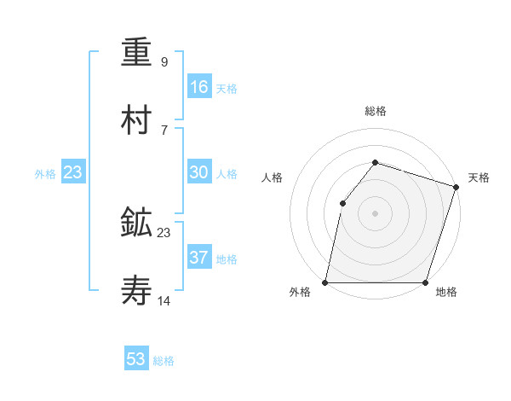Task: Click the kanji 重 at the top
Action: click(x=138, y=54)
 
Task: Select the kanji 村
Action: click(x=138, y=120)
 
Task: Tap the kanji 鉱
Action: click(x=138, y=224)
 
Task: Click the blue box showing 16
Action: click(x=199, y=86)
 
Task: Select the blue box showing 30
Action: click(x=199, y=172)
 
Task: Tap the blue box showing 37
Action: click(x=199, y=257)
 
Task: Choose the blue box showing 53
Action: click(x=136, y=359)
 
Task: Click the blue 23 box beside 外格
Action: click(x=73, y=172)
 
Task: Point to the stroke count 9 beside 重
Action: click(x=164, y=62)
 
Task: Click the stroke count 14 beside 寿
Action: click(x=164, y=301)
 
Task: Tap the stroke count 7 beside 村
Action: click(x=164, y=130)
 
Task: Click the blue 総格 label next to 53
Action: click(x=164, y=361)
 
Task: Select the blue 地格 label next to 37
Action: click(x=227, y=259)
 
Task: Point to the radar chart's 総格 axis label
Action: click(x=375, y=111)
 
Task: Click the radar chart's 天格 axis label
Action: click(x=479, y=177)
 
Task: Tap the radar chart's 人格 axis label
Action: click(x=273, y=177)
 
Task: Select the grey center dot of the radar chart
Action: click(x=375, y=213)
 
